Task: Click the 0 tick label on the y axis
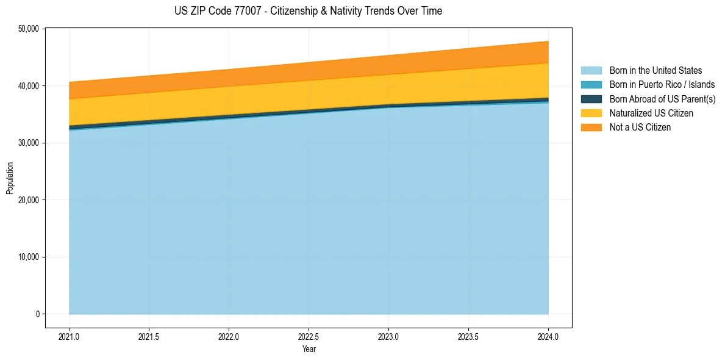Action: [37, 314]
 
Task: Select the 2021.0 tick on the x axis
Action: [70, 336]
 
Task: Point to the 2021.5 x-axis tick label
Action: [149, 336]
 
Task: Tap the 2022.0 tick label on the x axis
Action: [229, 336]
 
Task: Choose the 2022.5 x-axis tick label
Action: [309, 336]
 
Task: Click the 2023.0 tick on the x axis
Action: [388, 336]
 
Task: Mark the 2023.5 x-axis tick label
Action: [468, 336]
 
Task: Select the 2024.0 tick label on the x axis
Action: [548, 336]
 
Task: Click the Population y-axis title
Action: [10, 178]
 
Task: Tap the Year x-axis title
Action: [309, 349]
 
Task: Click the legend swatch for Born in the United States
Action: [591, 71]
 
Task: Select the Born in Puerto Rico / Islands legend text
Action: [662, 85]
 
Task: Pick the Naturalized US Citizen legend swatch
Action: [591, 113]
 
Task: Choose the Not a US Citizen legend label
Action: [640, 128]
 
